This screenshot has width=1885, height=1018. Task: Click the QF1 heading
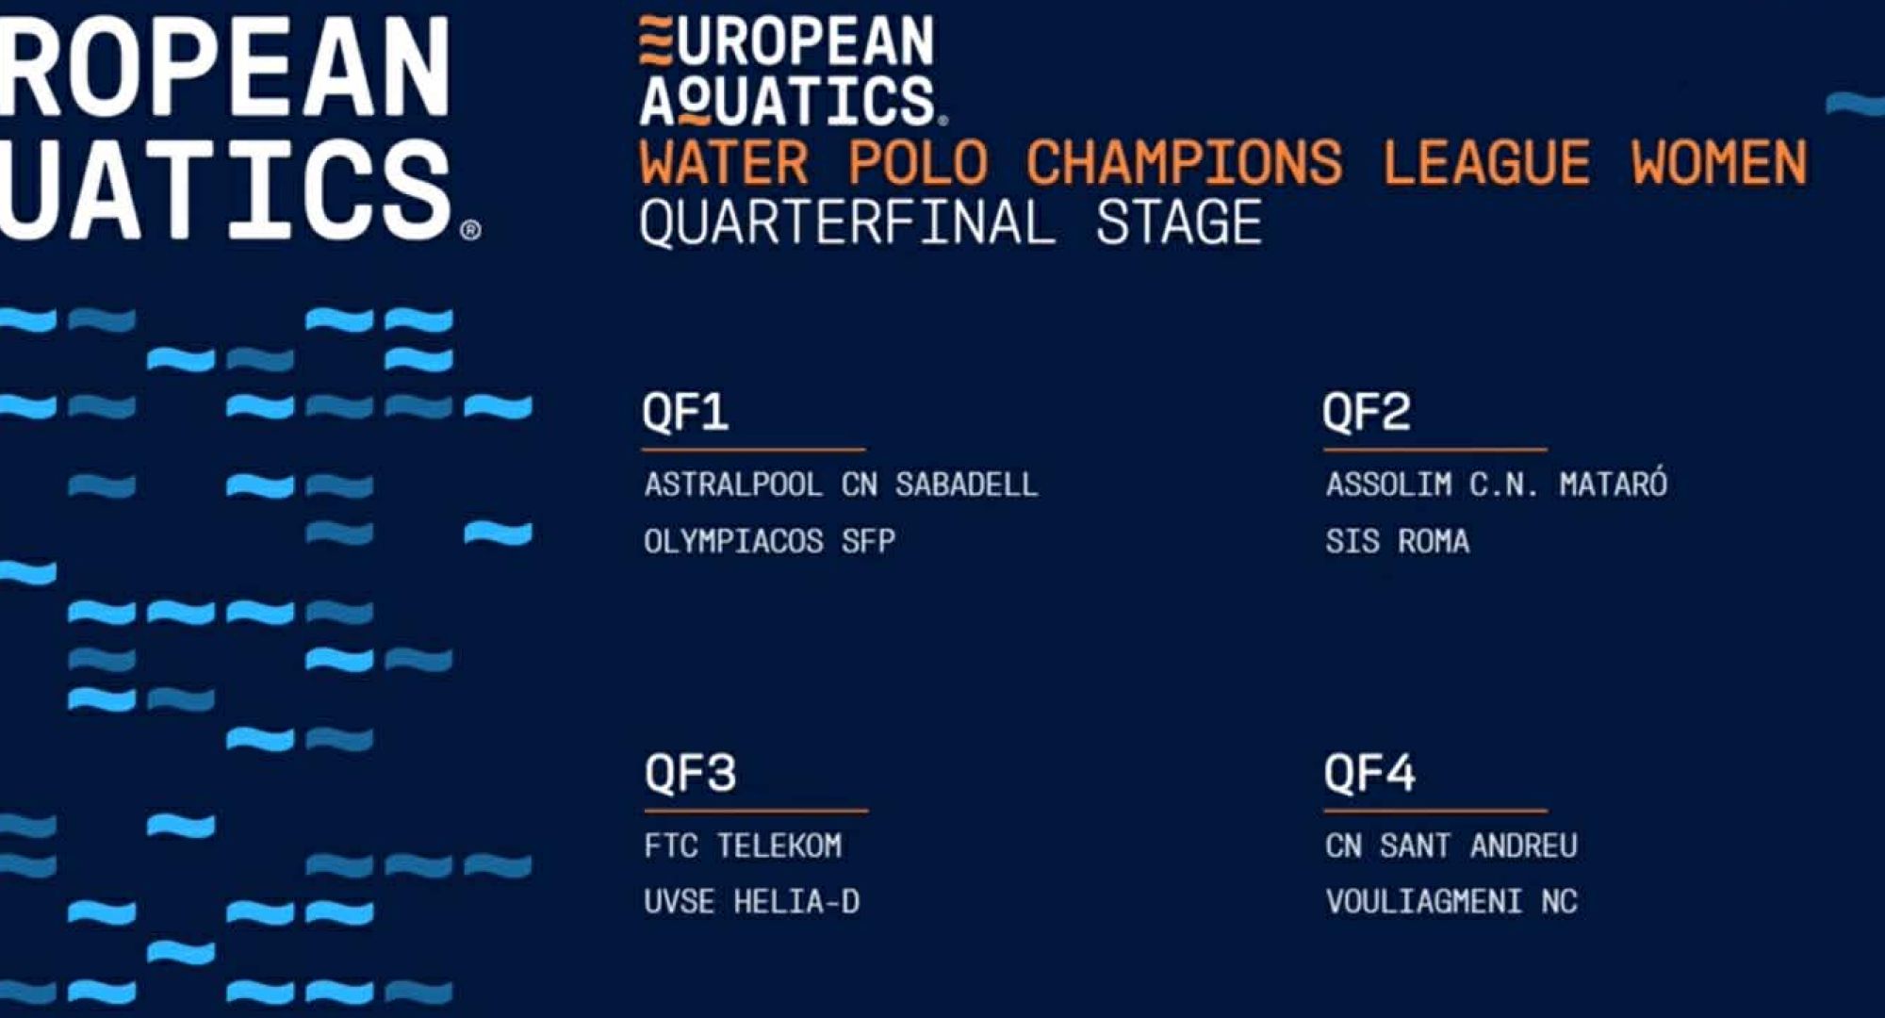tap(685, 412)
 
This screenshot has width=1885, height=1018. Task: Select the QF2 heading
tap(1367, 412)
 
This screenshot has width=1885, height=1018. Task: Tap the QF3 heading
tap(690, 773)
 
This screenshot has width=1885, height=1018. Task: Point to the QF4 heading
tap(1369, 773)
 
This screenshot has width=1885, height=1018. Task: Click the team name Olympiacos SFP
tap(769, 541)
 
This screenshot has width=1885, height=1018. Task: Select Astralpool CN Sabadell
tap(841, 484)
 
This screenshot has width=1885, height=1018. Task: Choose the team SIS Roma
tap(1398, 541)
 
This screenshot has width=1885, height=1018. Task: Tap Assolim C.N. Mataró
tap(1497, 484)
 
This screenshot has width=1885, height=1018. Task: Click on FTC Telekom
tap(743, 846)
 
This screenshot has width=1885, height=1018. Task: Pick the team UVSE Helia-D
tap(752, 902)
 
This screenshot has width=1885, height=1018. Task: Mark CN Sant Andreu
tap(1451, 846)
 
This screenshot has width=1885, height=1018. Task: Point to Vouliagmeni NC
tap(1451, 902)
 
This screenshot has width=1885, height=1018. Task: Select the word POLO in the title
tap(919, 162)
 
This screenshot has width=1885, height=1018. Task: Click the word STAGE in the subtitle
tap(1178, 222)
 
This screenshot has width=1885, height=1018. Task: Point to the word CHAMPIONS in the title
tap(1185, 162)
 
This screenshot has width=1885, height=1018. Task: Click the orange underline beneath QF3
tap(756, 810)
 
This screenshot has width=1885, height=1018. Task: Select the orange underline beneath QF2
tap(1435, 449)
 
